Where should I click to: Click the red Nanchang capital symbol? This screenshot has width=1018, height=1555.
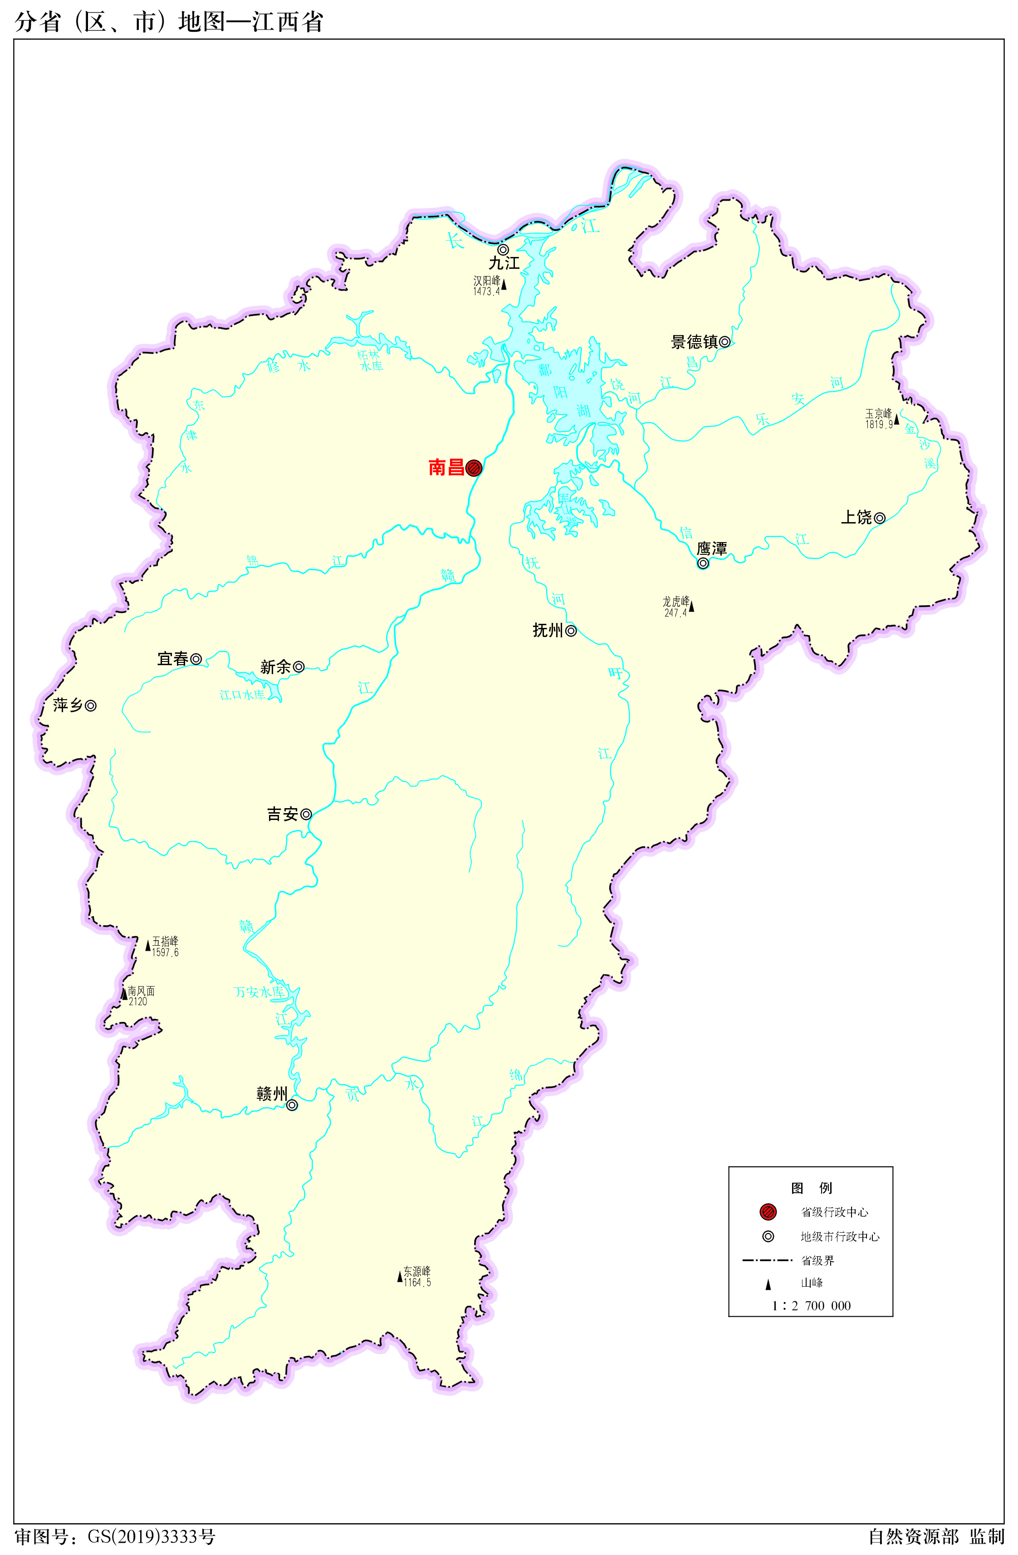474,467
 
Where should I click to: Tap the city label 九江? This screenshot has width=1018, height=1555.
504,263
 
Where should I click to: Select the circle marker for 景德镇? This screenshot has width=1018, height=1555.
725,342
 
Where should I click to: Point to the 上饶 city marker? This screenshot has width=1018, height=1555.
880,518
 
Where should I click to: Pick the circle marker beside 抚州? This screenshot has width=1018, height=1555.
571,631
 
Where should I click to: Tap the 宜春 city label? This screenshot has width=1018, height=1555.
172,659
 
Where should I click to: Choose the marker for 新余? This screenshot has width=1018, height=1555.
299,667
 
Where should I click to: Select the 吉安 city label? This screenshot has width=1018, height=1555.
282,814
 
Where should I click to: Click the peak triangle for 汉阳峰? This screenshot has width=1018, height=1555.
504,285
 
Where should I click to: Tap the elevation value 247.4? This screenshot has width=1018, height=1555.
675,613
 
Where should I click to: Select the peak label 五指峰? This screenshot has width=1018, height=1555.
165,942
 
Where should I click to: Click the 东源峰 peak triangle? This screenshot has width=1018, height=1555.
400,1277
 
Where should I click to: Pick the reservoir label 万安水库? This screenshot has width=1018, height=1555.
259,992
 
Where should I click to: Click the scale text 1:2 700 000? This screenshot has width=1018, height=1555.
811,1305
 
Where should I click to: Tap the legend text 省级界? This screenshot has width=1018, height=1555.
817,1260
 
